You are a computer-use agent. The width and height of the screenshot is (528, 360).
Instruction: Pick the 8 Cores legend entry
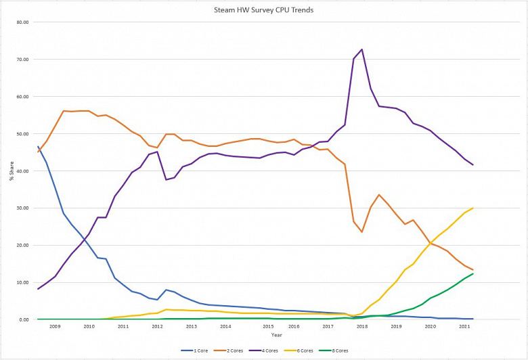click(342, 351)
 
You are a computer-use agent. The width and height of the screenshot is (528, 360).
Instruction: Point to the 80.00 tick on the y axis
click(22, 22)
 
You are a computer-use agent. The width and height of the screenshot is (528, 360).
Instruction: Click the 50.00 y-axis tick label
click(22, 134)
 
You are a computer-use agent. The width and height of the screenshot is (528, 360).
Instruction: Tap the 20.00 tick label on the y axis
click(22, 245)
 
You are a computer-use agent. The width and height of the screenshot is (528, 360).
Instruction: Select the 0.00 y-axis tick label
click(24, 319)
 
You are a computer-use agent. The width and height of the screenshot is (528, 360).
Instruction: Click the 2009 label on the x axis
click(55, 326)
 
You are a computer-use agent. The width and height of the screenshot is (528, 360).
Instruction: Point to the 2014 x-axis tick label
click(225, 326)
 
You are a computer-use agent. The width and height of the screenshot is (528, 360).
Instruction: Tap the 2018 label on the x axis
click(362, 326)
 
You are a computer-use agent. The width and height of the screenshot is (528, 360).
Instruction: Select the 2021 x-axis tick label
click(464, 326)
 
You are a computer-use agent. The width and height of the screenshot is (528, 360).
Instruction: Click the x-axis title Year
click(276, 335)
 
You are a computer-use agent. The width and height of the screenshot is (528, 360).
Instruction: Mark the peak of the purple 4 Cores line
click(362, 49)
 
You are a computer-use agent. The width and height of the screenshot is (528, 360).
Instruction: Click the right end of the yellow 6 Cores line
click(472, 208)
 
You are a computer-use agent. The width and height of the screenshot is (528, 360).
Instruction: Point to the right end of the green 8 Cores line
click(472, 274)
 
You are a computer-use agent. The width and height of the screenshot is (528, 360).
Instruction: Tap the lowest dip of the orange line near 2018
click(362, 232)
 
